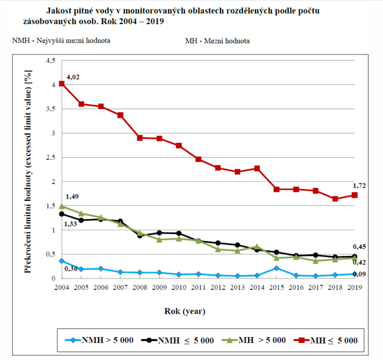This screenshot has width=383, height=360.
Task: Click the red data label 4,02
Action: [x=73, y=77]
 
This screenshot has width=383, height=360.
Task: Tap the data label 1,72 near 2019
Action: [x=358, y=186]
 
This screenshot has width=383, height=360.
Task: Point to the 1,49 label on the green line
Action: [x=72, y=197]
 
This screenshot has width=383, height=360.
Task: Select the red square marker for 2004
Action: [x=62, y=84]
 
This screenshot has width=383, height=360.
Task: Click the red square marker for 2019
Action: [x=355, y=195]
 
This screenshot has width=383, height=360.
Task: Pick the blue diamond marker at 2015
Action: [x=277, y=268]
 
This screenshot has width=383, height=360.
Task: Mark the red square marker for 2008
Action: [x=140, y=138]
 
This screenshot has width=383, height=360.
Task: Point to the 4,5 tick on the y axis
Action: [x=51, y=61]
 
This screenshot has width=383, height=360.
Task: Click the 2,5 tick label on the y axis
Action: [x=51, y=158]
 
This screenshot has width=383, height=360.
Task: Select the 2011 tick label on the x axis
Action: [x=199, y=287]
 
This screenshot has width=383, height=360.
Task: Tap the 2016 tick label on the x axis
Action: [x=296, y=287]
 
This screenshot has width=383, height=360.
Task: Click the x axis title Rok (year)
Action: [x=185, y=312]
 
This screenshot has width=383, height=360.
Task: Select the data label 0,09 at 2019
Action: [x=359, y=274]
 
